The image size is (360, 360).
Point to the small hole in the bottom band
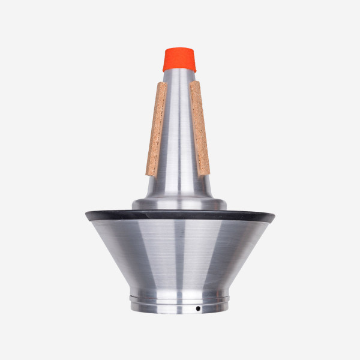point(197,308)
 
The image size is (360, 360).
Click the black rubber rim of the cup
point(180,215)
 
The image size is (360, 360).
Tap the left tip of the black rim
point(86,214)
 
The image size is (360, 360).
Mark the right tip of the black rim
point(274,214)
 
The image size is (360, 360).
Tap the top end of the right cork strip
point(194,84)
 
